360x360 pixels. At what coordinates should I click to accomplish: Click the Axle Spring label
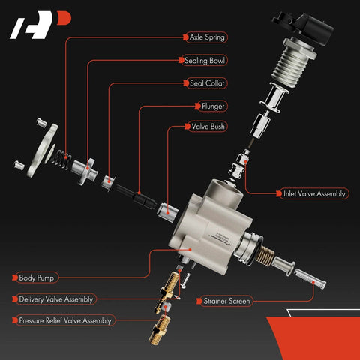(x=206, y=35)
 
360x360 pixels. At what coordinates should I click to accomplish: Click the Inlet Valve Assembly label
(x=314, y=193)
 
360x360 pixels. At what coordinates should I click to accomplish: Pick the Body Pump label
(x=37, y=277)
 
